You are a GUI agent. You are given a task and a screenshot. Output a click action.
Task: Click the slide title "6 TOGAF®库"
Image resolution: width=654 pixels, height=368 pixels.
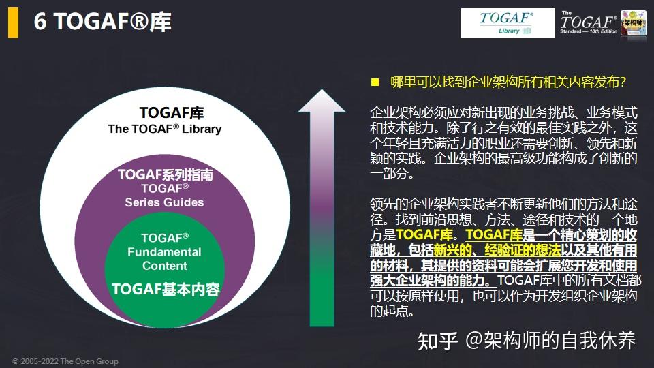tap(103, 22)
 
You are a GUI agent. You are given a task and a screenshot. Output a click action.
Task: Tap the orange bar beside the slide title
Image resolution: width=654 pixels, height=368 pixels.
tap(13, 23)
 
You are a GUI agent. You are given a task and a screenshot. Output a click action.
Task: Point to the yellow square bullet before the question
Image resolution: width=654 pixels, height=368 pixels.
tap(374, 82)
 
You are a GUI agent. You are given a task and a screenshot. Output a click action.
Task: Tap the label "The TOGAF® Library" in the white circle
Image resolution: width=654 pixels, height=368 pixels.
tap(165, 129)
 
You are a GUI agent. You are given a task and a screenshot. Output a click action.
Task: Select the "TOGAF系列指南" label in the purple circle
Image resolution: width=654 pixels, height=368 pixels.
tap(165, 175)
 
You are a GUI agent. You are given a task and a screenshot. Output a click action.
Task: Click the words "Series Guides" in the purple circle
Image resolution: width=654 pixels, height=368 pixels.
tap(164, 202)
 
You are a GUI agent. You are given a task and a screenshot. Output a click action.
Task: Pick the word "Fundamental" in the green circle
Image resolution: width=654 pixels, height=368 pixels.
tap(164, 252)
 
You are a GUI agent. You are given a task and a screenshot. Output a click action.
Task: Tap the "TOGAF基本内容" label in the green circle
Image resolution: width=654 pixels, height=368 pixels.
tap(166, 288)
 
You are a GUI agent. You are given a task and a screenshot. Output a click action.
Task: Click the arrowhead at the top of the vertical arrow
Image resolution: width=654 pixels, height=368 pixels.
tap(318, 102)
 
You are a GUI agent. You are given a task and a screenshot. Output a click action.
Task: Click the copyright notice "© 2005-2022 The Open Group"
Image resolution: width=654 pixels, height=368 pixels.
tap(65, 361)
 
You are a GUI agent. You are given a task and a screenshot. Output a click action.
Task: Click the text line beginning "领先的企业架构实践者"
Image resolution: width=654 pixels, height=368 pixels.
tap(503, 205)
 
